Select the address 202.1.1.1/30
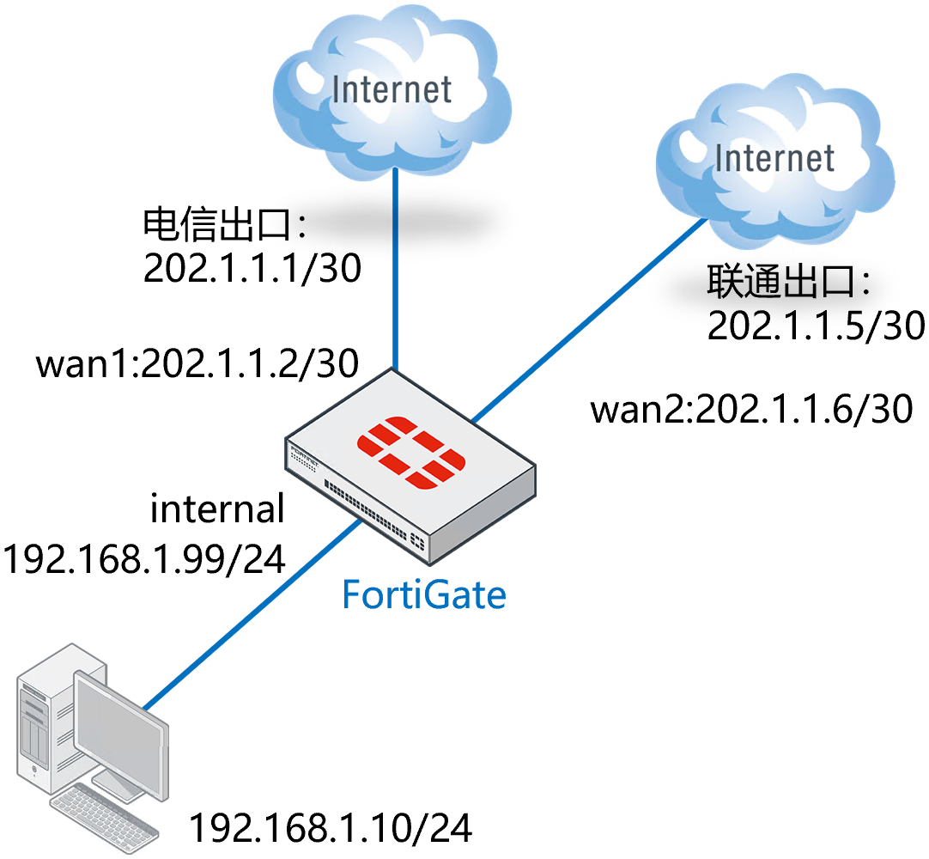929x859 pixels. pyautogui.click(x=252, y=270)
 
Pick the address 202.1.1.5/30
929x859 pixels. pyautogui.click(x=816, y=326)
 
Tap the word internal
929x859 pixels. pyautogui.click(x=217, y=509)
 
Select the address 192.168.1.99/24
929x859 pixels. pyautogui.click(x=145, y=559)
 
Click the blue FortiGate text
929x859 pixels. pyautogui.click(x=424, y=594)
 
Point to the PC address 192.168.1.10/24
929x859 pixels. pyautogui.click(x=331, y=829)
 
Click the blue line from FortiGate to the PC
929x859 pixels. pyautogui.click(x=249, y=615)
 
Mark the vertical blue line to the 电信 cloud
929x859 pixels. pyautogui.click(x=395, y=266)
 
